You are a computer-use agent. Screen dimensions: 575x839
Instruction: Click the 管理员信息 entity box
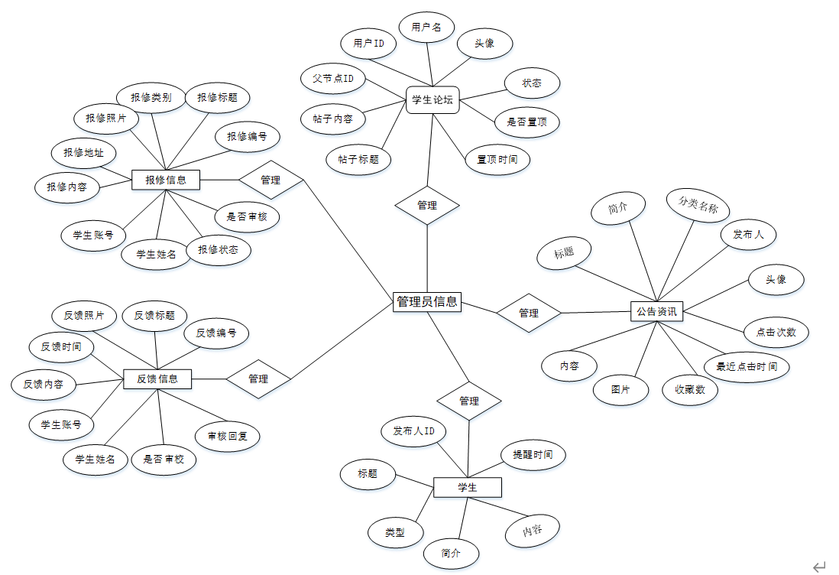427,301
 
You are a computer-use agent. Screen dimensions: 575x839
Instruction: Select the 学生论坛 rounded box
432,99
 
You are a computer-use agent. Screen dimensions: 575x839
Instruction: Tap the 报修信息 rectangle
166,180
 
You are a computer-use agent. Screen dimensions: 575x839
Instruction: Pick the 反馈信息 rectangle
157,378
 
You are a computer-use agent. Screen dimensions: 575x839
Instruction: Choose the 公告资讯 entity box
656,311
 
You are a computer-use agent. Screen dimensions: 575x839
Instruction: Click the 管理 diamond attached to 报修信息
270,180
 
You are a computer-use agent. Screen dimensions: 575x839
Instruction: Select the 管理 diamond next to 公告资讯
529,313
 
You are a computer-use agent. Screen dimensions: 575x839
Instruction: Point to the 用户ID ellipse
369,44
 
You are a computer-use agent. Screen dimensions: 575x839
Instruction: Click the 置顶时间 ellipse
497,159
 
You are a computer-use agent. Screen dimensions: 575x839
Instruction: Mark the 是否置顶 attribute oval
527,121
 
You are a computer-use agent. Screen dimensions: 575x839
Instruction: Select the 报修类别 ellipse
151,97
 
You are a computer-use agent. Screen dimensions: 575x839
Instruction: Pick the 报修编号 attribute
247,137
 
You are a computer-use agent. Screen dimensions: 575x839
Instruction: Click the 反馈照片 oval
85,315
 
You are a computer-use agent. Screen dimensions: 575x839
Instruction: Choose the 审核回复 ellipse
228,437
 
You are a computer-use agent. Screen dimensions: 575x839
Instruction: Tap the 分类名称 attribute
698,206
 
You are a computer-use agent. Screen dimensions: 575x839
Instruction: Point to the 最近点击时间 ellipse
747,366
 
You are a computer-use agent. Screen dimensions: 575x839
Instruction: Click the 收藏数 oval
690,390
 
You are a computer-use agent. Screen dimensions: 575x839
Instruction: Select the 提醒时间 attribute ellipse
533,454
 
